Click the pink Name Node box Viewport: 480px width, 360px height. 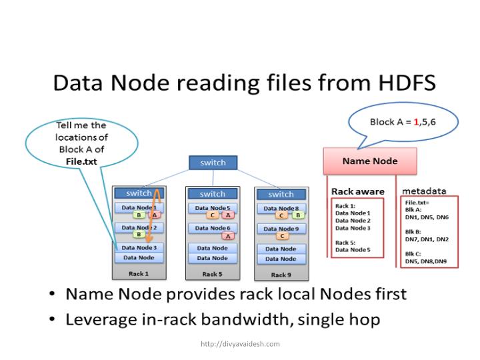pyautogui.click(x=369, y=161)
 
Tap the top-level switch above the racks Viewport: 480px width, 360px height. pyautogui.click(x=213, y=162)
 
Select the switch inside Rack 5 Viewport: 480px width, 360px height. pyautogui.click(x=213, y=193)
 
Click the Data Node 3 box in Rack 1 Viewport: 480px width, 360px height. pyautogui.click(x=139, y=248)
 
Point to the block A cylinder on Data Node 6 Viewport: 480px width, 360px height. pyautogui.click(x=228, y=236)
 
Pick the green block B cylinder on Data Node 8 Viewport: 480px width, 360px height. pyautogui.click(x=297, y=215)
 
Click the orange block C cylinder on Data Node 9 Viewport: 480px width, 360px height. pyautogui.click(x=282, y=236)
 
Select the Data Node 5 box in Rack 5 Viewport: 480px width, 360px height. pyautogui.click(x=213, y=208)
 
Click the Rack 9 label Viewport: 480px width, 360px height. pyautogui.click(x=281, y=274)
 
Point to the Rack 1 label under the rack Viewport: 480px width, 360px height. pyautogui.click(x=138, y=274)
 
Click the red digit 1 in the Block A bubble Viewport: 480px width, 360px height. pyautogui.click(x=417, y=122)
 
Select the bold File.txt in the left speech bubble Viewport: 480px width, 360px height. pyautogui.click(x=81, y=161)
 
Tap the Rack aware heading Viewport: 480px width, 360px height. pyautogui.click(x=358, y=191)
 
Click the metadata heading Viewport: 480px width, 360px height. pyautogui.click(x=425, y=191)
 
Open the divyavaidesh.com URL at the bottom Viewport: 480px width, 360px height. pyautogui.click(x=240, y=344)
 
